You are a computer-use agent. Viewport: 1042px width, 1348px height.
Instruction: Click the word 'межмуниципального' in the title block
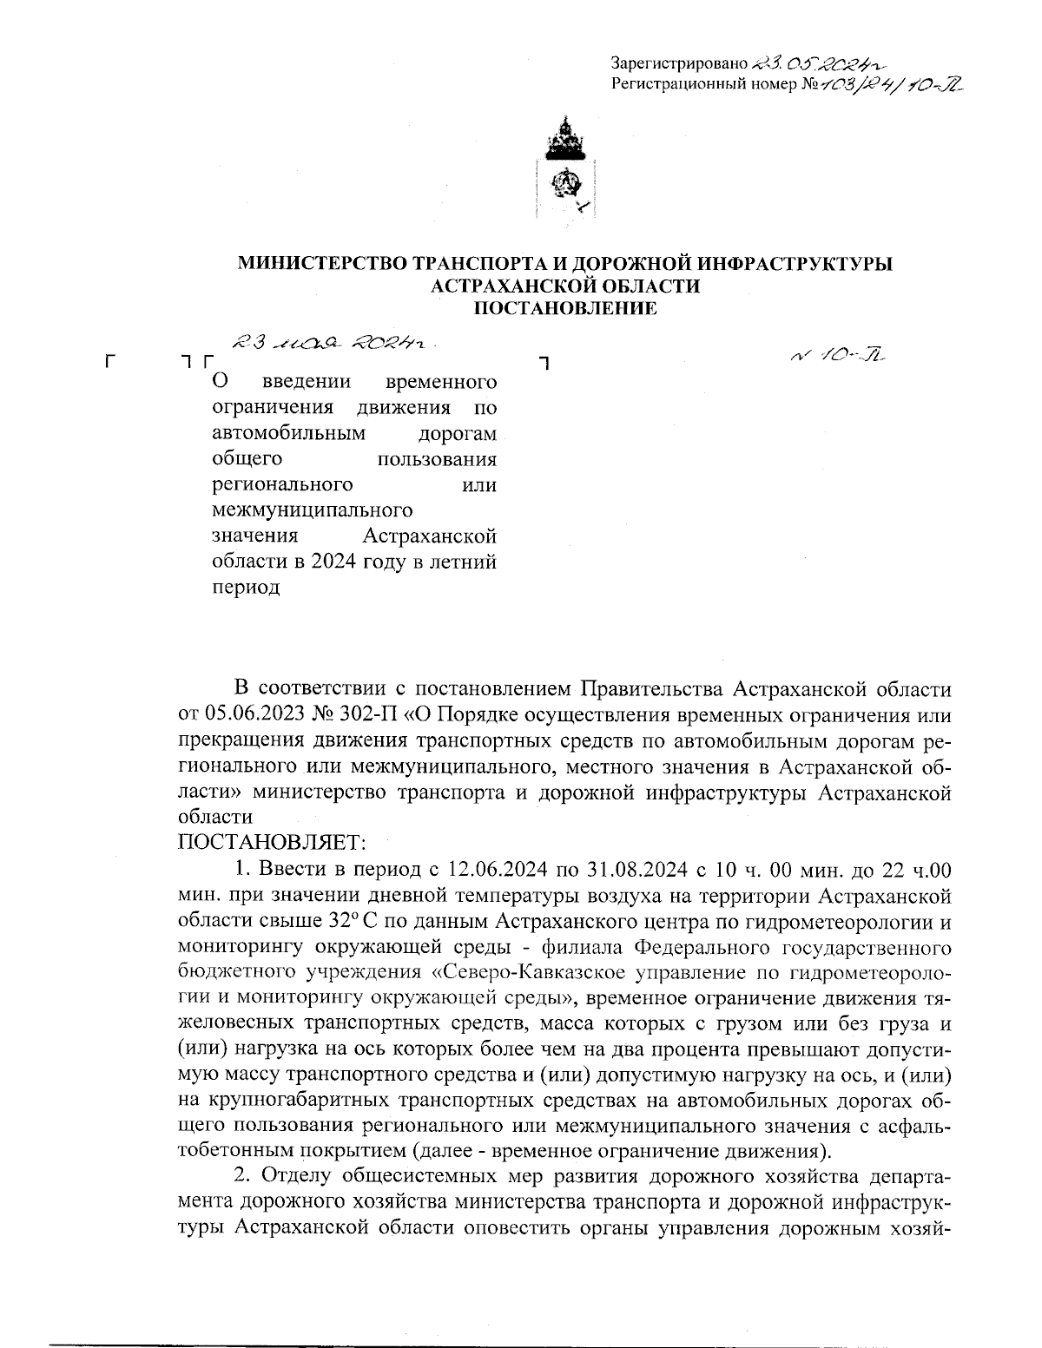312,510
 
